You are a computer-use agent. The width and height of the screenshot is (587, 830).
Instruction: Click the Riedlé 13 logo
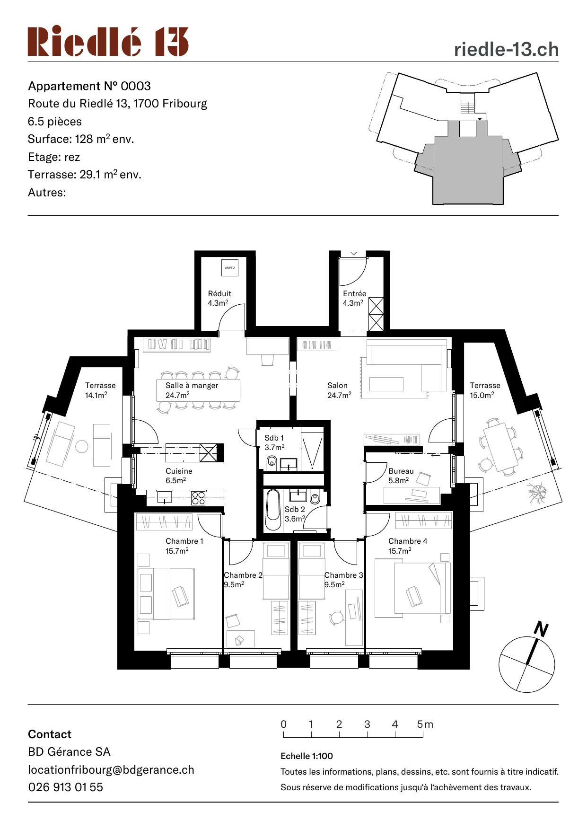point(108,42)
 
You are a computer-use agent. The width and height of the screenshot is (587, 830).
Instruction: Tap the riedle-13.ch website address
point(506,49)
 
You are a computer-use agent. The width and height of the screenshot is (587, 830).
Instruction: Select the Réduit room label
point(219,298)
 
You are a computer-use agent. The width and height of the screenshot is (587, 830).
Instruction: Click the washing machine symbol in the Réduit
point(229,268)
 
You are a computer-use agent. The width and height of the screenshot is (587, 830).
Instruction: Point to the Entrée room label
point(354,298)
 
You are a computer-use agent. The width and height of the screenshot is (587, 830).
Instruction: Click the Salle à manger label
point(192,390)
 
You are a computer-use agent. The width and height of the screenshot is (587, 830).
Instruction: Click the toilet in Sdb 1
point(272,461)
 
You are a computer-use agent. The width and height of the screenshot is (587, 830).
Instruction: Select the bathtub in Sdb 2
point(273,510)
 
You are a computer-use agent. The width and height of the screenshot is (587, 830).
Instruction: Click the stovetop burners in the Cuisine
point(198,498)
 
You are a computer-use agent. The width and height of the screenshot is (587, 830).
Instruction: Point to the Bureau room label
point(401,476)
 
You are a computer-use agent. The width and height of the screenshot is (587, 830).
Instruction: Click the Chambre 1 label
point(184,546)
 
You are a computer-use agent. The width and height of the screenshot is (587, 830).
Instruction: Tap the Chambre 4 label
point(407,546)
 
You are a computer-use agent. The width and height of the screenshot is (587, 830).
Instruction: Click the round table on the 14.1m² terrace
point(82,446)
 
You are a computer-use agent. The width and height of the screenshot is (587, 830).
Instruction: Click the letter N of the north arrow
point(541,629)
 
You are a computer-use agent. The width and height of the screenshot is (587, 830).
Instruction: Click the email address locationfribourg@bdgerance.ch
point(111,770)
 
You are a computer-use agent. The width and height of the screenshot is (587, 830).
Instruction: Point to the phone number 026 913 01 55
point(66,787)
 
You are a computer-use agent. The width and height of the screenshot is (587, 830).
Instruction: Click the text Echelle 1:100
point(307,756)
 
